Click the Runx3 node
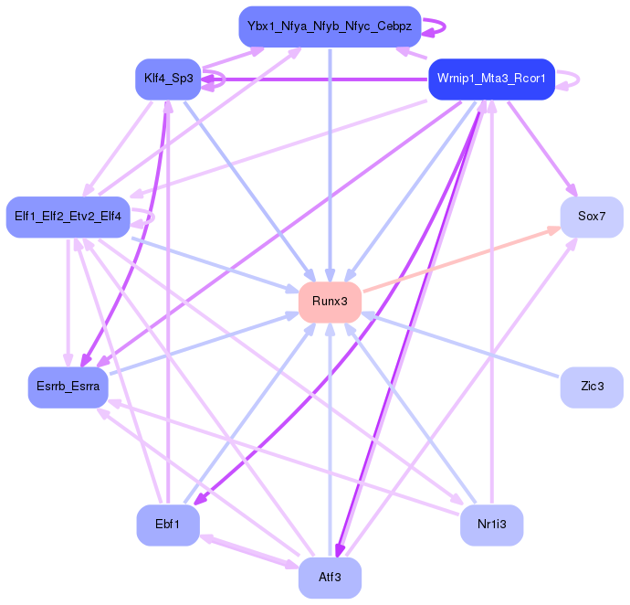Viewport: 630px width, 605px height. tap(330, 302)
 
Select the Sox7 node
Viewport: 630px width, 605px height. tap(592, 217)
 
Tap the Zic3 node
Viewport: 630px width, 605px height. tap(592, 387)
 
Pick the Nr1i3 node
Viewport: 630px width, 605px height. tap(491, 525)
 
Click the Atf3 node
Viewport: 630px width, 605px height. tap(330, 578)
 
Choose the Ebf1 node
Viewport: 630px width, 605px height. tap(168, 525)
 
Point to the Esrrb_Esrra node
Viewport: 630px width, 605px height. tap(68, 387)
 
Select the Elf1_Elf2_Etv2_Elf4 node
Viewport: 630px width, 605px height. tap(68, 217)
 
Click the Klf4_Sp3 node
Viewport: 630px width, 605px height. tap(168, 79)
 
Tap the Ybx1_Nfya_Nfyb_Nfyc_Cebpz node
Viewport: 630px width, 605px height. tap(330, 27)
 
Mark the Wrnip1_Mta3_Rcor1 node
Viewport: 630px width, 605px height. tap(491, 79)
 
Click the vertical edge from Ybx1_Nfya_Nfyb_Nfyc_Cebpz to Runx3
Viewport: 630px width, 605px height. tap(330, 155)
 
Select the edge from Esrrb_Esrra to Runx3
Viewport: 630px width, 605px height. tap(201, 344)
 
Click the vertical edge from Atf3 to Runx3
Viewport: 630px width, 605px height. tap(330, 439)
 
